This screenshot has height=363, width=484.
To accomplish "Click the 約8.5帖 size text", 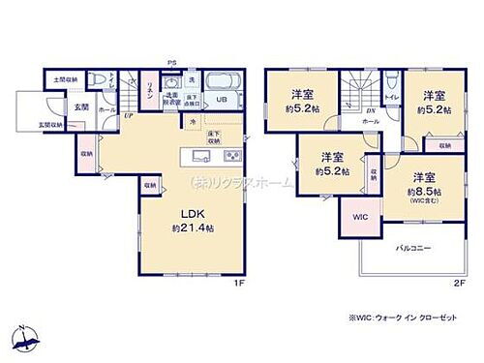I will (x=422, y=192).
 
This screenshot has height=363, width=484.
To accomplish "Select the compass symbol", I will (x=26, y=338).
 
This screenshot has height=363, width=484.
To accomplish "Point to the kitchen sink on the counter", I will (x=199, y=156).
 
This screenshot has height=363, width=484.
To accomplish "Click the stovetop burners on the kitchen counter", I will (x=233, y=156).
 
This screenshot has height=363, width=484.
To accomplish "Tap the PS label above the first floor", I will (x=172, y=64).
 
